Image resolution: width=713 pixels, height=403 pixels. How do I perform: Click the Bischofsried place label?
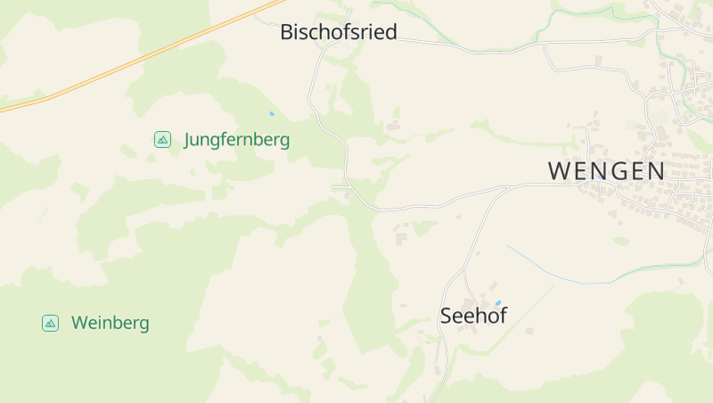point(338,33)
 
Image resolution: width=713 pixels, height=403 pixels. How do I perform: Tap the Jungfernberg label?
point(236,140)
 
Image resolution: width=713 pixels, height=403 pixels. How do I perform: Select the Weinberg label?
point(111,323)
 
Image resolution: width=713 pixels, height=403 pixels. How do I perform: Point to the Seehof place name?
point(473,316)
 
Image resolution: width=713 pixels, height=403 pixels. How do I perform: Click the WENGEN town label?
point(606,171)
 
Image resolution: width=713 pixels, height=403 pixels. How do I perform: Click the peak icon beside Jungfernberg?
point(162,139)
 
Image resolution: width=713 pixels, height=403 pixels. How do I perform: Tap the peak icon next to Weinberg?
point(51,323)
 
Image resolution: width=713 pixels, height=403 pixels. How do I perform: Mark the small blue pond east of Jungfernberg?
point(272,114)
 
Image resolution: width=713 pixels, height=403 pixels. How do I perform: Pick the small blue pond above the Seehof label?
point(497,303)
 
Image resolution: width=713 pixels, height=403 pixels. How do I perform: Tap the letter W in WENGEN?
point(559,171)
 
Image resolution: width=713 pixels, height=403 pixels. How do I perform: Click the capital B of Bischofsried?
point(287,33)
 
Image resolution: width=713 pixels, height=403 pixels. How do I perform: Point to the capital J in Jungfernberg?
point(188,140)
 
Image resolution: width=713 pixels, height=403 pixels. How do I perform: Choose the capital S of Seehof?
point(447,316)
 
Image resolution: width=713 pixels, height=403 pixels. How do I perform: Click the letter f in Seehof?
point(503,316)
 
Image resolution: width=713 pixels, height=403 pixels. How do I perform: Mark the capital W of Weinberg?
point(80,323)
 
